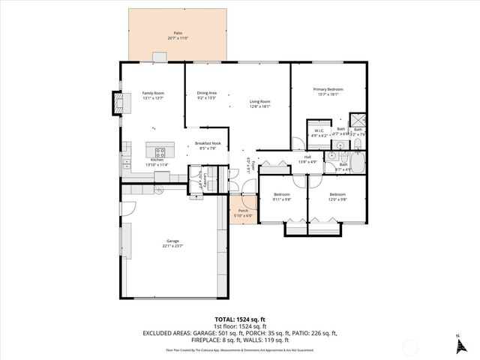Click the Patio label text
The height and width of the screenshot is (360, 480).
click(178, 34)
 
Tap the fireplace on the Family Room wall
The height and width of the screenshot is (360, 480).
click(116, 103)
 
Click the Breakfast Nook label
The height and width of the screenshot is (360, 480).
click(208, 143)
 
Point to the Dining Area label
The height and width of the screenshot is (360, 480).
click(206, 93)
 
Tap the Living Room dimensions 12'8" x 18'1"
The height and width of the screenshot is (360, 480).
click(260, 106)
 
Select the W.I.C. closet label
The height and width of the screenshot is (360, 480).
click(318, 130)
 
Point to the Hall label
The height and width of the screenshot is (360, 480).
click(307, 157)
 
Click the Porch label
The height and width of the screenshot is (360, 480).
click(243, 211)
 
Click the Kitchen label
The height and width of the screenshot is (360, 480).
click(157, 160)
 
